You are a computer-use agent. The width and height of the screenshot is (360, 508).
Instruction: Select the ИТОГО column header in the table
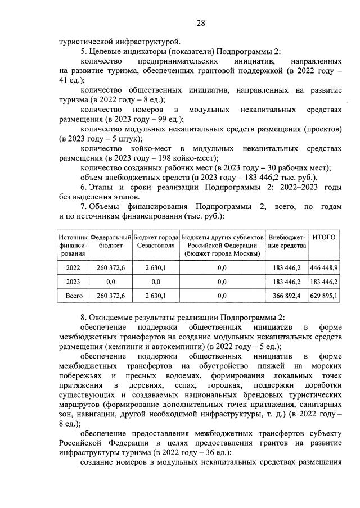[x=323, y=237]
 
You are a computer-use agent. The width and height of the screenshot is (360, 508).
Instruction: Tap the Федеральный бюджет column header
[x=111, y=241]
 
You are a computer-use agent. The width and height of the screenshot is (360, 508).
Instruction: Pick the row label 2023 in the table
[x=73, y=281]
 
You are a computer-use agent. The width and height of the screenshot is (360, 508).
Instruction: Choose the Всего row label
[x=73, y=295]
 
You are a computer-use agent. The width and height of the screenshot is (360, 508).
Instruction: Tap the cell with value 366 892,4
[x=286, y=295]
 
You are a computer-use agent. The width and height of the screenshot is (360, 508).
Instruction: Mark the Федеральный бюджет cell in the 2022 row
[x=111, y=267]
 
